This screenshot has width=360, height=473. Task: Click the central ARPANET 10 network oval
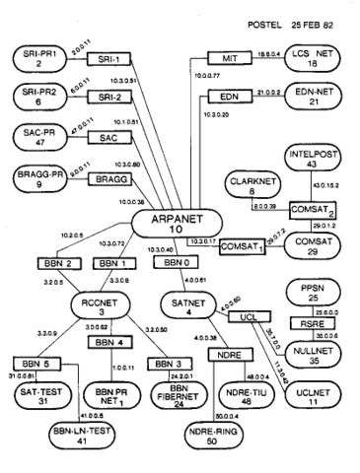173,223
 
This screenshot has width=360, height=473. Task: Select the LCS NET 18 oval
305,60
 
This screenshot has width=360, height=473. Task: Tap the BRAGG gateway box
116,179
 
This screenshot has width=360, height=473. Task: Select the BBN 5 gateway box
32,363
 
